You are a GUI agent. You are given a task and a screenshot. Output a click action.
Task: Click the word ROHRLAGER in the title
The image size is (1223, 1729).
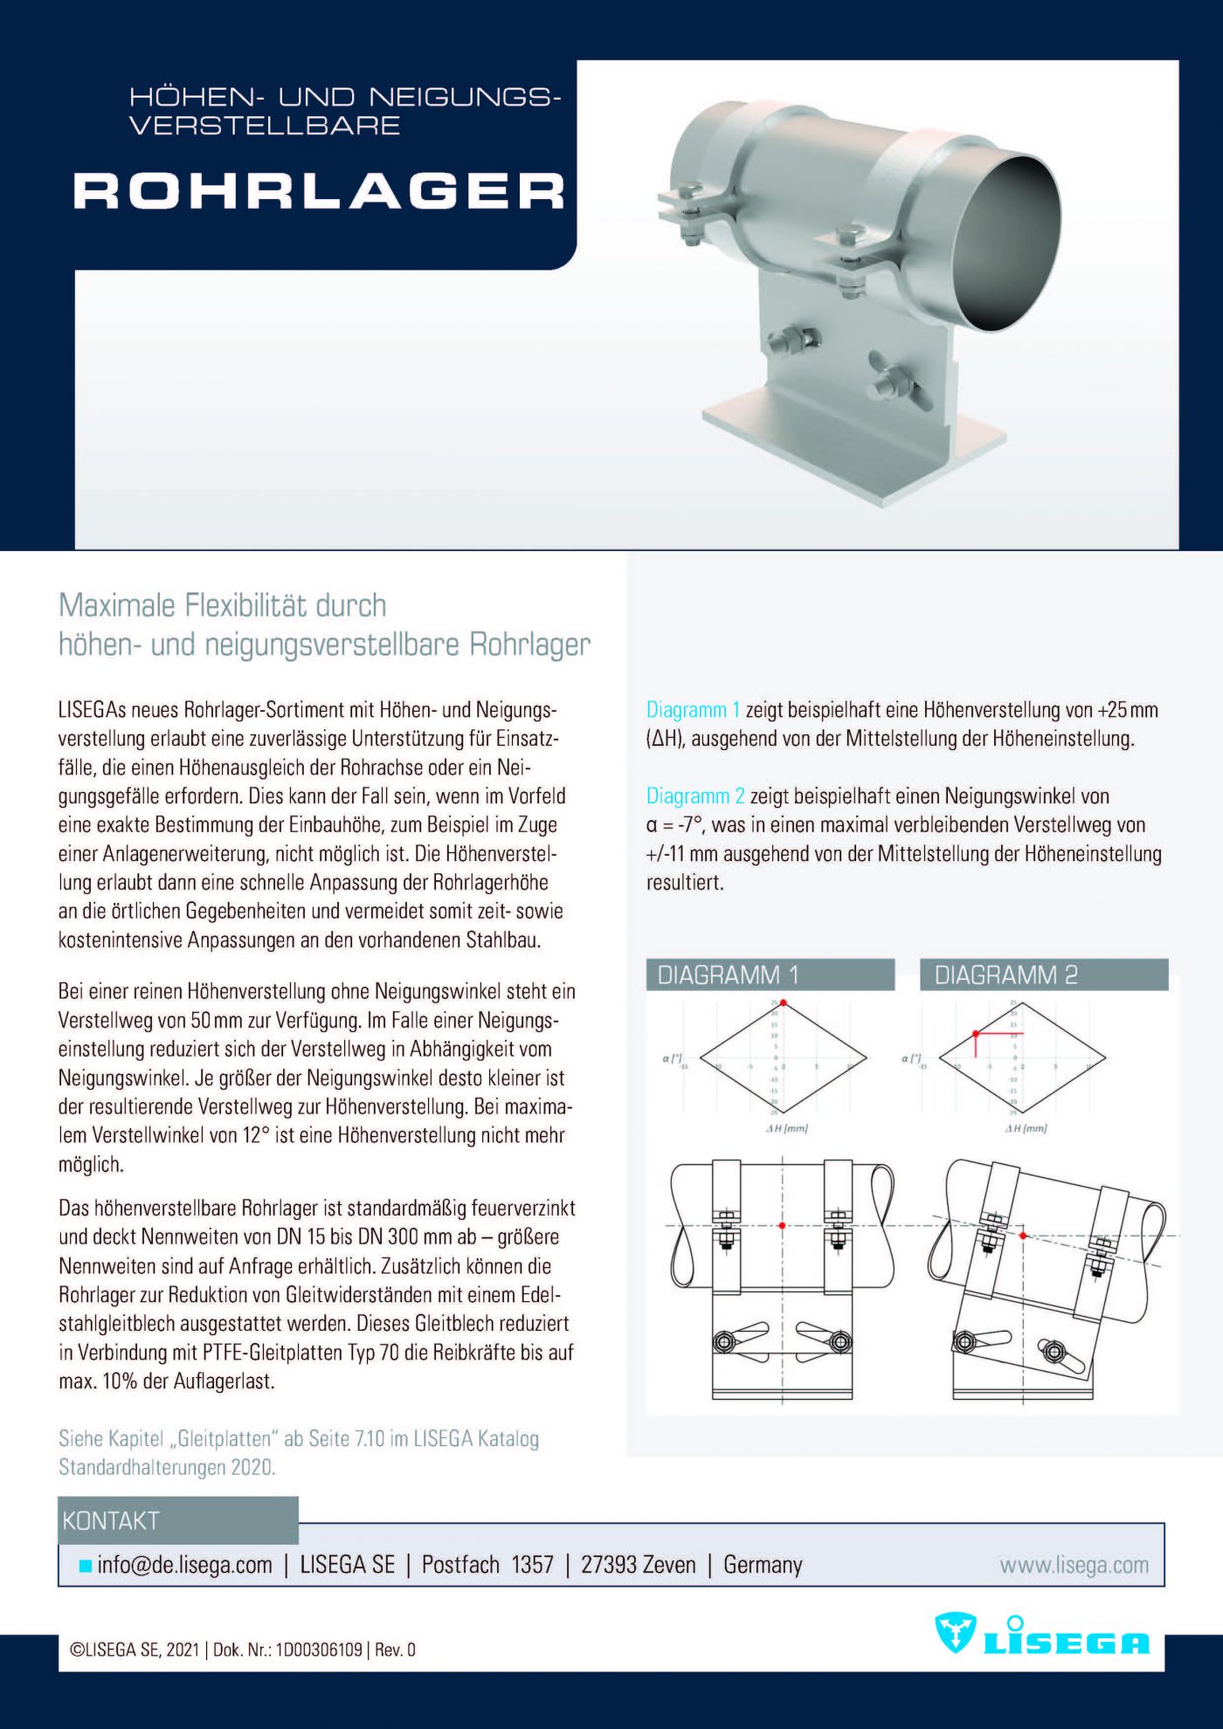pyautogui.click(x=319, y=191)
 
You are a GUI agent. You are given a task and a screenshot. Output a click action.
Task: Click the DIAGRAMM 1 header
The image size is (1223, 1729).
pyautogui.click(x=770, y=975)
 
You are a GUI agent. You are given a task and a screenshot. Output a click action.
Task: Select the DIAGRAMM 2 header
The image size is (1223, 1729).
pyautogui.click(x=1043, y=975)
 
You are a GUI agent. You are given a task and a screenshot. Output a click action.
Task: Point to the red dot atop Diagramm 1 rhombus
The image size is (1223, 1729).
pyautogui.click(x=784, y=1003)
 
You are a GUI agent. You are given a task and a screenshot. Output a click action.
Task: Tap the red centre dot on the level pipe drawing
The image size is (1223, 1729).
pyautogui.click(x=782, y=1226)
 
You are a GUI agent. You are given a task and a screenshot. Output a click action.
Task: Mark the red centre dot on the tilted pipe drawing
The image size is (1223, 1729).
pyautogui.click(x=1023, y=1236)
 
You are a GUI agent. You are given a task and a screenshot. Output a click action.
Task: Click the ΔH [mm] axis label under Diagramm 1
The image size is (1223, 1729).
pyautogui.click(x=786, y=1128)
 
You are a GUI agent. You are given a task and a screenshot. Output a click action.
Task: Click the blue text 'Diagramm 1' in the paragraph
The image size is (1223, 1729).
pyautogui.click(x=693, y=710)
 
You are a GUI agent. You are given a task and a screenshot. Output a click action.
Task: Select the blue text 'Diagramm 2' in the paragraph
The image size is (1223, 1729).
pyautogui.click(x=695, y=796)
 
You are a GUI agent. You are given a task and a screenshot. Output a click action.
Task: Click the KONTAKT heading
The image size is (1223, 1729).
pyautogui.click(x=111, y=1521)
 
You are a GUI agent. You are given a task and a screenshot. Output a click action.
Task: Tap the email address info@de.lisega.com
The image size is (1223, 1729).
pyautogui.click(x=184, y=1565)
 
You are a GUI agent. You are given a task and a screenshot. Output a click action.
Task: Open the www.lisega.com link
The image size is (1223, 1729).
pyautogui.click(x=1074, y=1565)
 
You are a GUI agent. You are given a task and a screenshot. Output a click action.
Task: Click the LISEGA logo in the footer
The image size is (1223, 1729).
pyautogui.click(x=1042, y=1636)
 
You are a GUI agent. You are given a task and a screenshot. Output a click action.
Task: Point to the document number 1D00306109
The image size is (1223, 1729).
pyautogui.click(x=319, y=1650)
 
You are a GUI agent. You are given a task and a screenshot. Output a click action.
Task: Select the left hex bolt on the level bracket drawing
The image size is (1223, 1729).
pyautogui.click(x=723, y=1342)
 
